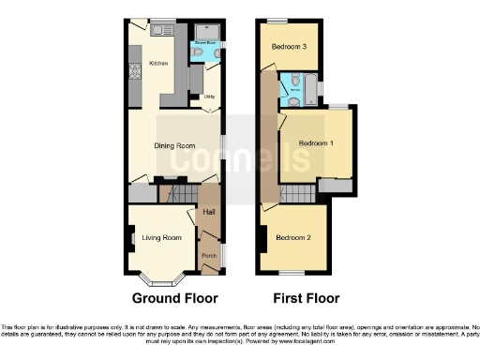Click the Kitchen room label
157,64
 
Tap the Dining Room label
173,145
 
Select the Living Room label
160,238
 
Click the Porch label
208,255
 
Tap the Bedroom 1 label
316,142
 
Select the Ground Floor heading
174,298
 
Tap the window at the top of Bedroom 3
277,20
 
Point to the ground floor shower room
205,46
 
